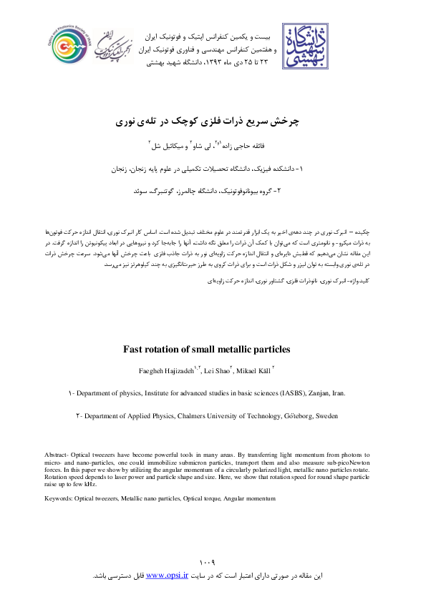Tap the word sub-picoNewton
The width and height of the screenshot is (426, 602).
coord(352,463)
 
